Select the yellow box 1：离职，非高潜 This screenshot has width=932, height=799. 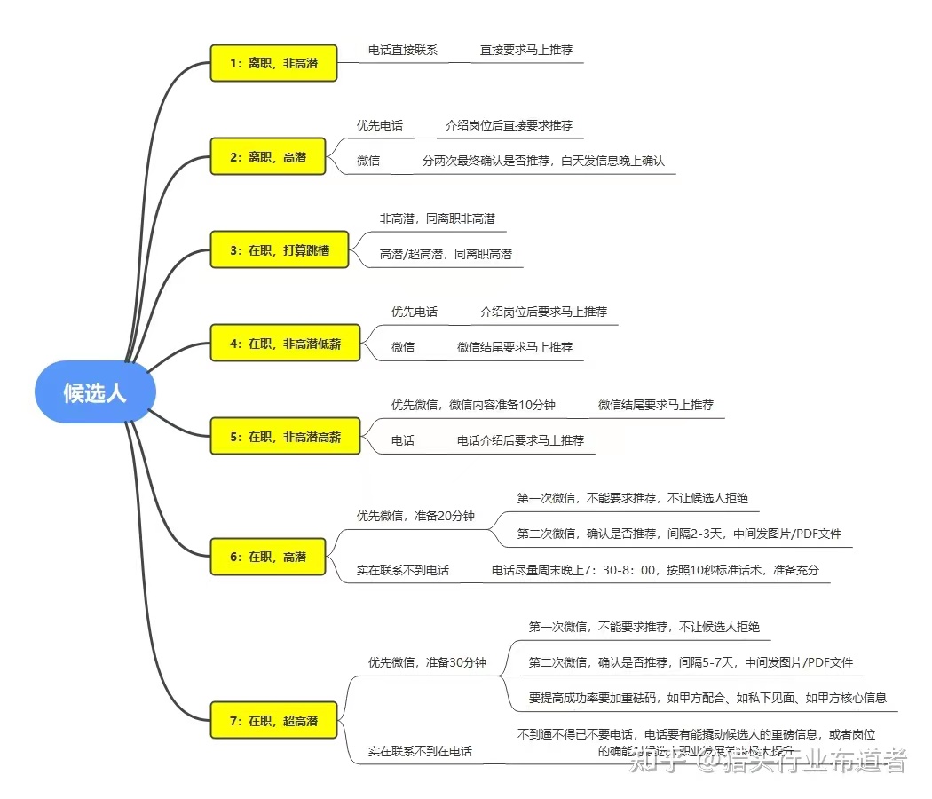coord(273,63)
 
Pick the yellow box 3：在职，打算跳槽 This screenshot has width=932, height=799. coord(280,250)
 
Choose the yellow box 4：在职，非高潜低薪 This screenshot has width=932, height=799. coord(285,344)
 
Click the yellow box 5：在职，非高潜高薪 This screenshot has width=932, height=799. coord(285,437)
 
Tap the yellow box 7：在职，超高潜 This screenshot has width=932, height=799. coord(273,721)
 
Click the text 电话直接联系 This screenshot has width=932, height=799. coord(403,50)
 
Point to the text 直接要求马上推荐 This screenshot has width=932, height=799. coord(526,50)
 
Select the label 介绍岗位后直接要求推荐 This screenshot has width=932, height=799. coord(509,125)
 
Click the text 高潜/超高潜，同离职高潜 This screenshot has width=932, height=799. coord(446,254)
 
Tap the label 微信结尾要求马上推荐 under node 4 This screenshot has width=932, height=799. coord(515,347)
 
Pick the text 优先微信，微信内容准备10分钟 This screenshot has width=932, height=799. coord(473,405)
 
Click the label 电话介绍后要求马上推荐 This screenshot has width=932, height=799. coord(520,440)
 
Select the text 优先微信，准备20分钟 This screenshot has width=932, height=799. coord(415,516)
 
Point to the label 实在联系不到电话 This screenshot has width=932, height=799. coord(403,570)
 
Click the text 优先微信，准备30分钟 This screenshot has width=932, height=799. coord(427,662)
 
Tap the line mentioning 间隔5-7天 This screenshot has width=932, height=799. coord(691,662)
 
